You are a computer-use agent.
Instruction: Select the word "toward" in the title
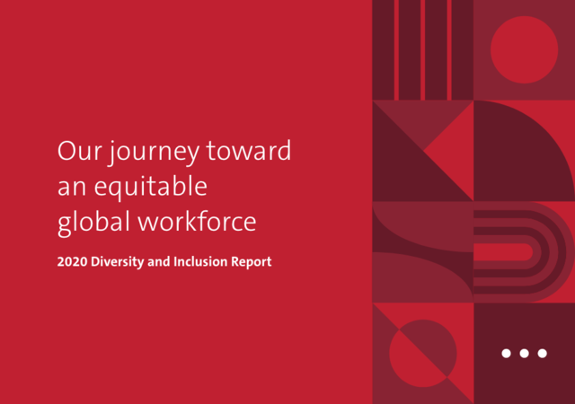click(x=249, y=150)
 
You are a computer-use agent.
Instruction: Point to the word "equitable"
click(x=151, y=188)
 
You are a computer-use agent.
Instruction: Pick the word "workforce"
click(x=197, y=221)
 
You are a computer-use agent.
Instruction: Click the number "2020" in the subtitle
click(x=72, y=262)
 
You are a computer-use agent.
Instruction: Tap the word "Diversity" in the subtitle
click(x=118, y=262)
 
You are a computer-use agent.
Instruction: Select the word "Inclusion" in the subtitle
click(x=200, y=262)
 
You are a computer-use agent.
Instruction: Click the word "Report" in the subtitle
click(x=252, y=262)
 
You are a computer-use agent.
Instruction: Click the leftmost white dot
click(x=506, y=353)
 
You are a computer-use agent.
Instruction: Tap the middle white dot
click(x=525, y=353)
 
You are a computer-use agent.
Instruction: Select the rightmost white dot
click(x=543, y=353)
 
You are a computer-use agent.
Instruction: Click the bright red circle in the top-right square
click(x=525, y=49)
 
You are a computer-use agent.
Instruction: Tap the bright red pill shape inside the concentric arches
click(x=503, y=252)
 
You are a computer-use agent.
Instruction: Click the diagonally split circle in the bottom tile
click(x=423, y=354)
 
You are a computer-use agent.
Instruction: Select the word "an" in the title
click(x=72, y=188)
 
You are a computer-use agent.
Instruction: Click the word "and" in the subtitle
click(x=159, y=262)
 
